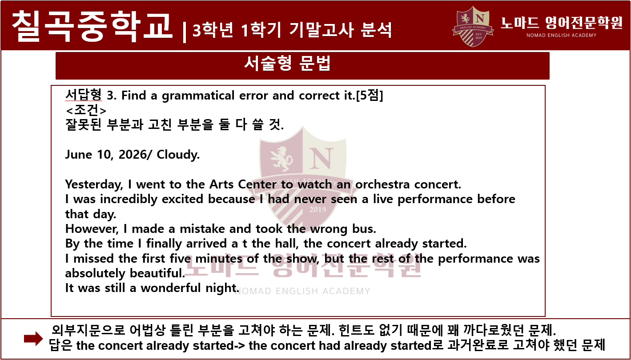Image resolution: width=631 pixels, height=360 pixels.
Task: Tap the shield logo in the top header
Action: tap(473, 26)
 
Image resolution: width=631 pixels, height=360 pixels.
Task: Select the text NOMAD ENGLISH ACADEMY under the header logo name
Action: tap(562, 35)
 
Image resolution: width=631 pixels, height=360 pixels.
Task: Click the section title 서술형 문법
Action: tap(287, 63)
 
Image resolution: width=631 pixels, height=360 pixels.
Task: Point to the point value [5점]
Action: tap(370, 95)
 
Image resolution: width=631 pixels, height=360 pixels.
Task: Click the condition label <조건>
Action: tap(86, 110)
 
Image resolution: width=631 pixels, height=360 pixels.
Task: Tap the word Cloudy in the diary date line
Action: tap(177, 155)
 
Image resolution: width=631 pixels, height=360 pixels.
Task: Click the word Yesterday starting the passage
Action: tap(94, 185)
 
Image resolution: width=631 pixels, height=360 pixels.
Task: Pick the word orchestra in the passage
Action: tap(382, 184)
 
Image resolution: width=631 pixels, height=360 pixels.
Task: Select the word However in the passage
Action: tap(92, 229)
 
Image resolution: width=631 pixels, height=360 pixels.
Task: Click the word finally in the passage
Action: tap(164, 244)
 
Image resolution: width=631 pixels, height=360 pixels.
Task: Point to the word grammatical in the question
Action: tap(198, 96)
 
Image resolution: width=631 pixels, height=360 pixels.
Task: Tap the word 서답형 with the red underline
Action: tap(83, 95)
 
